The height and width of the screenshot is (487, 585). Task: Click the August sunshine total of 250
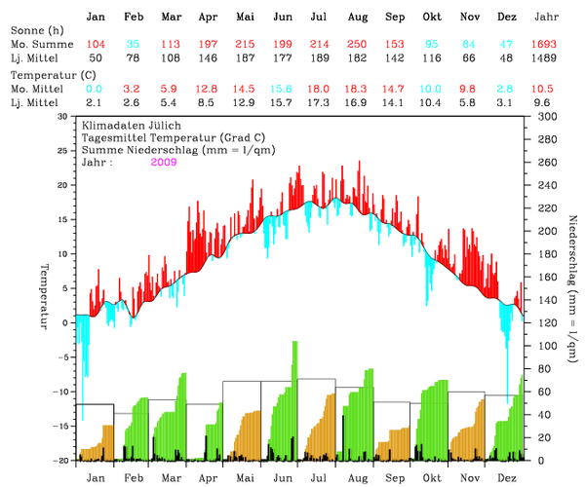pos(357,46)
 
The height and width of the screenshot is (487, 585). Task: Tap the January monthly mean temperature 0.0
pos(96,89)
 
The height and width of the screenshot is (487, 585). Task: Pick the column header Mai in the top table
pos(246,18)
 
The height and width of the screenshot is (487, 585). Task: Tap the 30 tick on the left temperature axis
pos(62,116)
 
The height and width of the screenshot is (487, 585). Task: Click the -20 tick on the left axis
pos(60,460)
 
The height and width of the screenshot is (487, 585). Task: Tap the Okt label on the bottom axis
pos(431,477)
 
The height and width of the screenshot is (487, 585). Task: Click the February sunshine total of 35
pos(134,46)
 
